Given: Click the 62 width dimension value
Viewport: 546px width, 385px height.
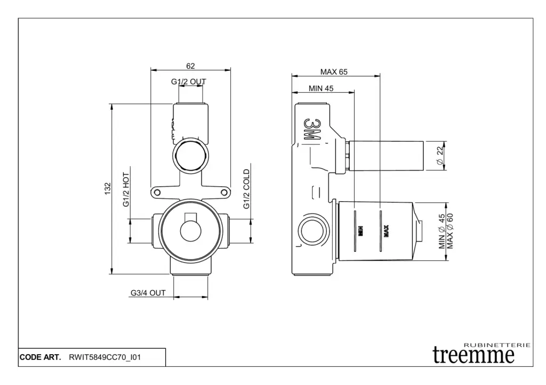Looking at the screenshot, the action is coord(190,65).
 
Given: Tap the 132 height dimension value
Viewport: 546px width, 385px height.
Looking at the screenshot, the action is coord(108,189).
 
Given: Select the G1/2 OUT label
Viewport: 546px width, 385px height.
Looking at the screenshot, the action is coord(188,81).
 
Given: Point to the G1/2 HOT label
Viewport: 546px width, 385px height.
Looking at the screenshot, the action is coord(126,190).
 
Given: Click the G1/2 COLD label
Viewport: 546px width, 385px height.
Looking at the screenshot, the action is coord(246,189).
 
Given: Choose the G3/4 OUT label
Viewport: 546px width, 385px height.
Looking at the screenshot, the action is coord(148,293).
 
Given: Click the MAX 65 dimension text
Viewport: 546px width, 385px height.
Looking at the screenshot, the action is coord(334,72).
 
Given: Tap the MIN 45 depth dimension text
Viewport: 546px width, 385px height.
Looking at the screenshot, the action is coord(321,88).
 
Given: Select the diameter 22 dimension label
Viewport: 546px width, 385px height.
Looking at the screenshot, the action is coord(440,155).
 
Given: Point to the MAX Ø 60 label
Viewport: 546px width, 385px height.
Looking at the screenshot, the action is coord(450,231).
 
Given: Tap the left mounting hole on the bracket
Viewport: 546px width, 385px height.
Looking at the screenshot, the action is coord(157,192).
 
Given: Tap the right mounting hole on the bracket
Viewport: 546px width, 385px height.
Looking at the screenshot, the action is coord(224,192).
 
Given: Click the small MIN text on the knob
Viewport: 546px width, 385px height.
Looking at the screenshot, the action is coord(361,231).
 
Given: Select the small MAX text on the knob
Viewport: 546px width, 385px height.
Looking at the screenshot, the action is coord(386,231).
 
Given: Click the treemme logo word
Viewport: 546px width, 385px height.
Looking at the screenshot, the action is coord(473,355).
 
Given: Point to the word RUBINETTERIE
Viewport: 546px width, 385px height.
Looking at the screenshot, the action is coord(497,345).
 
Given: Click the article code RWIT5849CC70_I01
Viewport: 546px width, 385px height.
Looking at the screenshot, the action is coord(105,357).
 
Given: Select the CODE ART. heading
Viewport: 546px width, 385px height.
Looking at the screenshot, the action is coord(40,357).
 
